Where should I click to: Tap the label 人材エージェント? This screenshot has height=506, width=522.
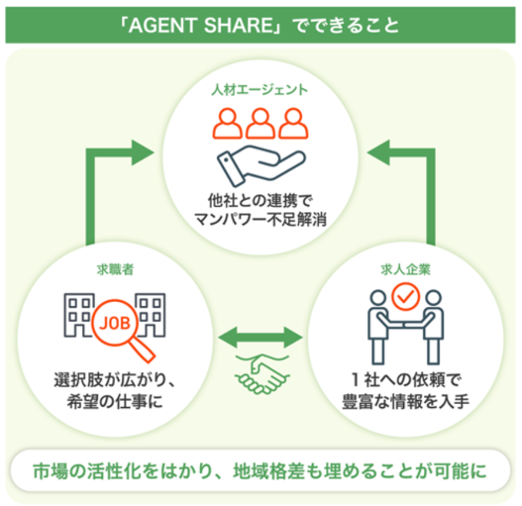[260, 90]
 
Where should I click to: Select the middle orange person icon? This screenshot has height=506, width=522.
[260, 123]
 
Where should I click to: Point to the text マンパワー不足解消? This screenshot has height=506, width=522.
[260, 220]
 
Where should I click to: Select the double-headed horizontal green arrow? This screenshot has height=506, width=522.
[260, 335]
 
